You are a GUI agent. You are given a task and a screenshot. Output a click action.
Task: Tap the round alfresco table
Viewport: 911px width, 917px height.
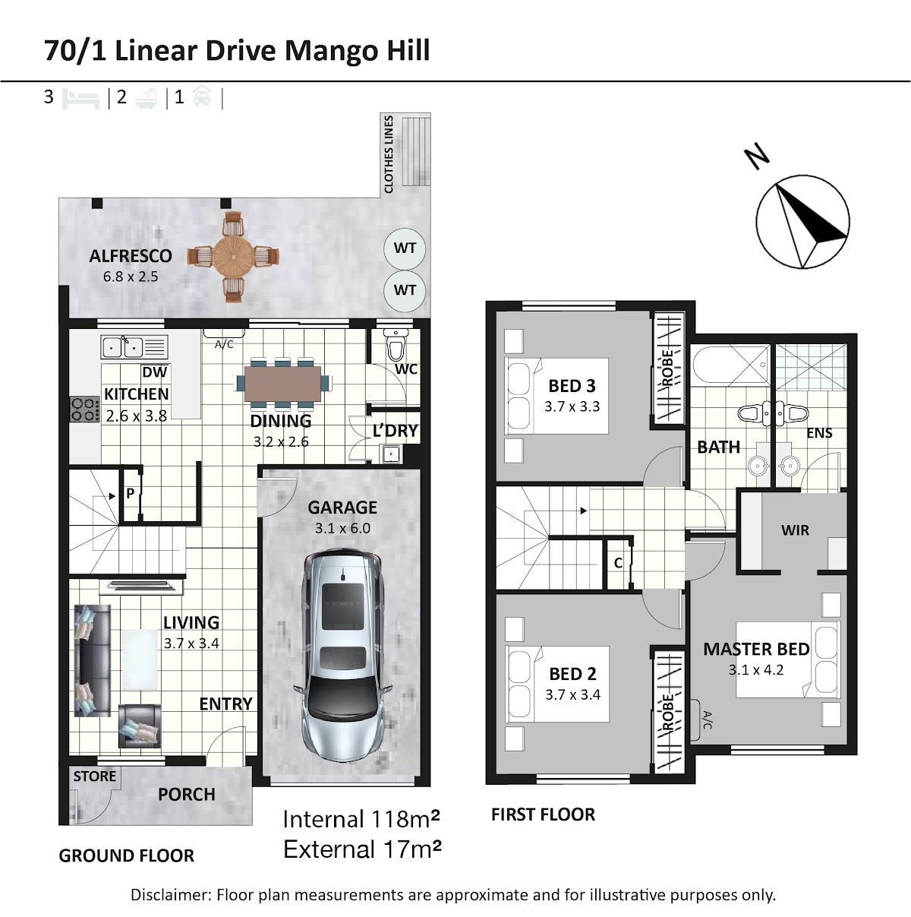point(233,257)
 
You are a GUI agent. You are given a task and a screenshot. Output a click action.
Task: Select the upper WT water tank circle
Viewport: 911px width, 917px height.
point(405,248)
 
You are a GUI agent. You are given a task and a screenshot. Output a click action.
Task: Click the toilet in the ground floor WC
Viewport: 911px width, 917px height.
point(396,345)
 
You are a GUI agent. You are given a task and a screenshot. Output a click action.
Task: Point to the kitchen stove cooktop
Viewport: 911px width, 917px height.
point(85,409)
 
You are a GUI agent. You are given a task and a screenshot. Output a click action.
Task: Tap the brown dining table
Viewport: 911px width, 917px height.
point(282,384)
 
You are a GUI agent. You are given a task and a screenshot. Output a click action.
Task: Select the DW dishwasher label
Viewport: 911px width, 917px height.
point(155,372)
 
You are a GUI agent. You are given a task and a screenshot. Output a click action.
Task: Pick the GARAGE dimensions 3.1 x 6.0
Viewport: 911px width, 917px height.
point(342,528)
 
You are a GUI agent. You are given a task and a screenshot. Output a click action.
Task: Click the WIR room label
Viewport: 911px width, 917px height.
point(795,530)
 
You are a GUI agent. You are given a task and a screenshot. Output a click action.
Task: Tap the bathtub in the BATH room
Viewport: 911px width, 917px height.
point(730,365)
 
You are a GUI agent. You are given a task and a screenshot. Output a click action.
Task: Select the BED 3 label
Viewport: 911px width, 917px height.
point(572,386)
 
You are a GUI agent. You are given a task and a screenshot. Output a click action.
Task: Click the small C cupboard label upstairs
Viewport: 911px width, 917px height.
point(618,563)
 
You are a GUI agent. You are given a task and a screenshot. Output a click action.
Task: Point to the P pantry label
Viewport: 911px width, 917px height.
point(130,494)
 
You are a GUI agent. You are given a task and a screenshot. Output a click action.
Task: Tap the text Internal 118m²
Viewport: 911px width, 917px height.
point(361,820)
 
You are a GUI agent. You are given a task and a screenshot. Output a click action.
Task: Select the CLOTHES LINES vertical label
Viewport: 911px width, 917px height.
point(389,154)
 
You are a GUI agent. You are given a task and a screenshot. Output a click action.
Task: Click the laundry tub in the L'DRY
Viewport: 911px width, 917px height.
point(391,454)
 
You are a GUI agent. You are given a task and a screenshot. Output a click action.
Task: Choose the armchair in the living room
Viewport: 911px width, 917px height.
point(140,726)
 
